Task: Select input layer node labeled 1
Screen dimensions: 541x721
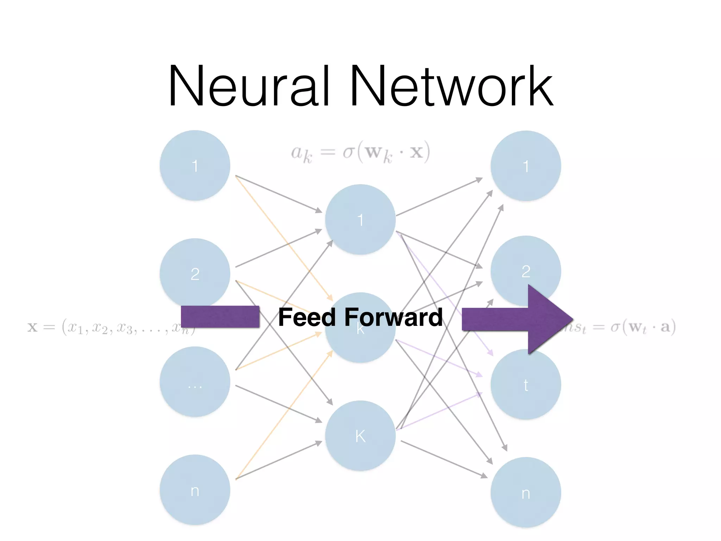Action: pyautogui.click(x=195, y=166)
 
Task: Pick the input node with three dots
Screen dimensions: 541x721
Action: pyautogui.click(x=195, y=382)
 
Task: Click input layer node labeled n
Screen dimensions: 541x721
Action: pyautogui.click(x=195, y=490)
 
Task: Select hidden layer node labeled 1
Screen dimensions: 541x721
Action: pyautogui.click(x=360, y=219)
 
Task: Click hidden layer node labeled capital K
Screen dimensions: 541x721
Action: pyautogui.click(x=360, y=436)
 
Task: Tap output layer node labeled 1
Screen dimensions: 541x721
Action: pyautogui.click(x=526, y=166)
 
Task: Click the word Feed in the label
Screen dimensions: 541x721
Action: pyautogui.click(x=307, y=317)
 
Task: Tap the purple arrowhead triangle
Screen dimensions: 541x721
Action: pyautogui.click(x=549, y=319)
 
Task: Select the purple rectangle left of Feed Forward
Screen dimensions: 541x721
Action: pyautogui.click(x=220, y=316)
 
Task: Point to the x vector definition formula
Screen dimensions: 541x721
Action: pyautogui.click(x=106, y=327)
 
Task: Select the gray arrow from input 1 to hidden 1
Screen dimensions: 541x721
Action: pyautogui.click(x=278, y=194)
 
